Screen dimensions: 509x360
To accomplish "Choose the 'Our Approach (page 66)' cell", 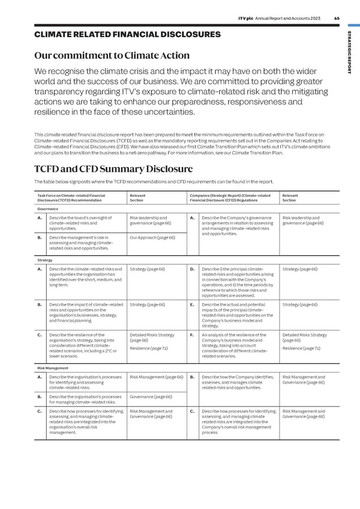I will [152, 238].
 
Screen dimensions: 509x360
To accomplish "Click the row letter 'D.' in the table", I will [192, 270].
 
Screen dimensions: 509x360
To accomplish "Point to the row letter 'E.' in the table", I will [192, 305].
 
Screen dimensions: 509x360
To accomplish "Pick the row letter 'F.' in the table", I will [192, 335].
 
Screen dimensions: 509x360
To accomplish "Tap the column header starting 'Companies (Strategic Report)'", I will [230, 198].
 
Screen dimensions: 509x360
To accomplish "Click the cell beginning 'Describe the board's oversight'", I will [83, 223].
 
